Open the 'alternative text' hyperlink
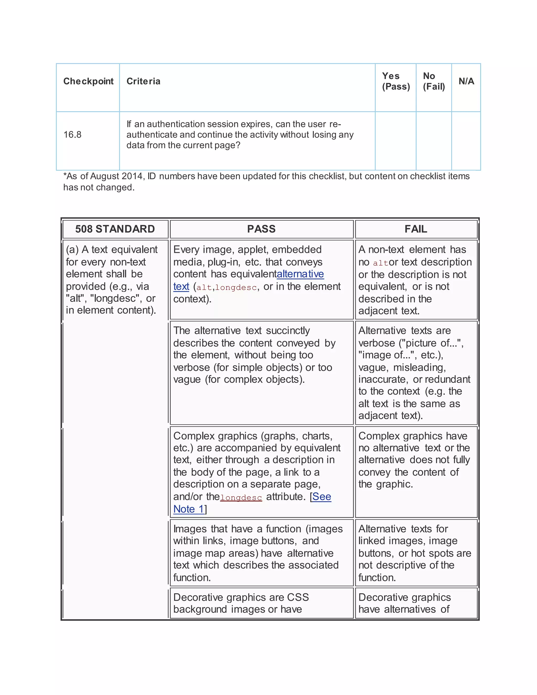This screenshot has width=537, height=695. coord(300,274)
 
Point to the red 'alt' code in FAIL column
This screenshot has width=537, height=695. coord(380,263)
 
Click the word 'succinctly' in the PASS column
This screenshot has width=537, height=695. coord(288,331)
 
